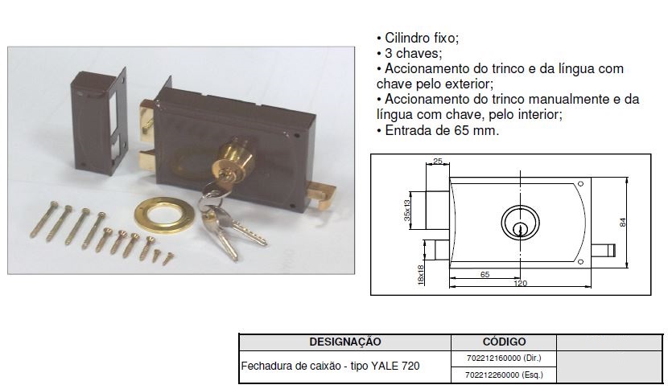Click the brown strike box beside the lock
tap(98, 122)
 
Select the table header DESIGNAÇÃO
tap(345, 342)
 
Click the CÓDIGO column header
tap(504, 342)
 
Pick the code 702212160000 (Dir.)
tap(504, 358)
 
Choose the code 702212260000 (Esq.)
tap(504, 375)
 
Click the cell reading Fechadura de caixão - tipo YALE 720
tap(330, 366)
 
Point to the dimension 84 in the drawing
tap(623, 222)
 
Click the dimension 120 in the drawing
tap(520, 283)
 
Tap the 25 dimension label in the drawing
tap(438, 161)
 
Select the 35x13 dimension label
tap(407, 211)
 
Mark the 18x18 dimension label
tap(420, 275)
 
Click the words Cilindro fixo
tap(422, 38)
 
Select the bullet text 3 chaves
tap(413, 53)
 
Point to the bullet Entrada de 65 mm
tap(441, 130)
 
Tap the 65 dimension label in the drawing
tap(485, 275)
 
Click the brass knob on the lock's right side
tap(320, 194)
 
